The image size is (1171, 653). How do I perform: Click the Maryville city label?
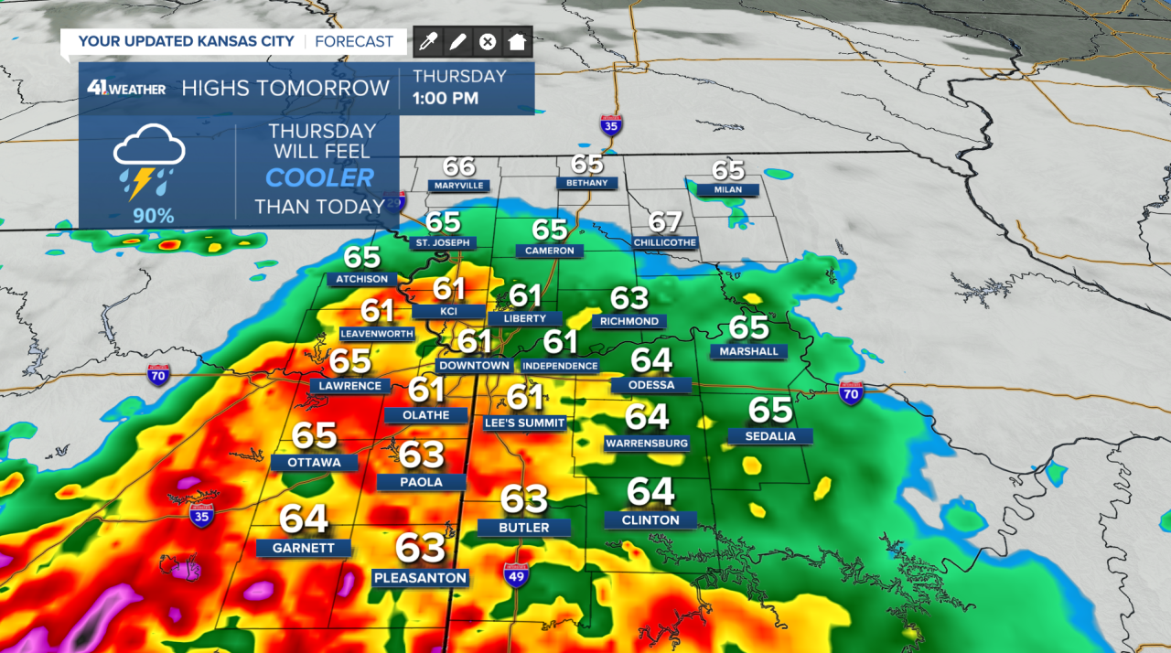[458, 186]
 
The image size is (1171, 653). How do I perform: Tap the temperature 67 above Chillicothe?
[665, 222]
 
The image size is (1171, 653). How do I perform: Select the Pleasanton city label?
[421, 578]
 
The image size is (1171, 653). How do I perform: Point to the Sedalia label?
[770, 436]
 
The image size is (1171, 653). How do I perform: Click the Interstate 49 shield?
[516, 574]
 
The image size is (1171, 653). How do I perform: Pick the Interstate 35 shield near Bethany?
[612, 124]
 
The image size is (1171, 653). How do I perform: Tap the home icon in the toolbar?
[518, 41]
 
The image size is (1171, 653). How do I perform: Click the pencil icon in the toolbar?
[457, 41]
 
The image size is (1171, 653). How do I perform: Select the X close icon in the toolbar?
[488, 41]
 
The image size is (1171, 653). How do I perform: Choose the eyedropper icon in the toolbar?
[428, 41]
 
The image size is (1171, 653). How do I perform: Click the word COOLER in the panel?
[319, 177]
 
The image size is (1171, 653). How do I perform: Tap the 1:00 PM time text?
[446, 98]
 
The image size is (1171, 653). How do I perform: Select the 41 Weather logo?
[126, 88]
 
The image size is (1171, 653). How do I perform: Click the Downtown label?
[473, 366]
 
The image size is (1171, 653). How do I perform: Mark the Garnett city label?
[303, 549]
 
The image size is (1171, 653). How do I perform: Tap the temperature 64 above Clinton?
[650, 492]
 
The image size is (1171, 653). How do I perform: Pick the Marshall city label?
[748, 351]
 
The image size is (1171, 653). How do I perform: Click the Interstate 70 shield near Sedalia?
[852, 394]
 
